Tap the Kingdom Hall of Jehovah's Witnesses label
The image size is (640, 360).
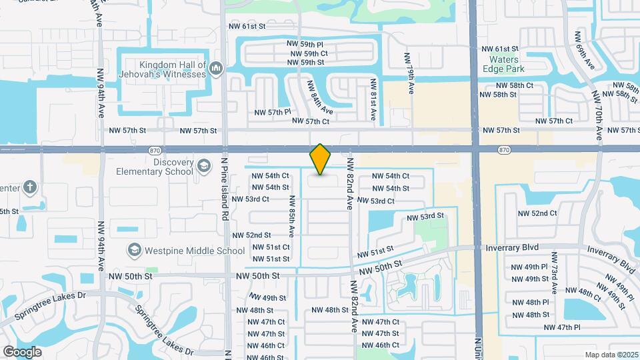click(172, 69)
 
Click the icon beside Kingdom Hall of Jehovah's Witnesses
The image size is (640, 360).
click(215, 69)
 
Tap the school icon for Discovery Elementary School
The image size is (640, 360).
click(202, 165)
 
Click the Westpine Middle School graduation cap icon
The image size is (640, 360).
click(133, 250)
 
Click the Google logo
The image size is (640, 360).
click(22, 351)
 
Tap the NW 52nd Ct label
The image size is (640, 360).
click(538, 213)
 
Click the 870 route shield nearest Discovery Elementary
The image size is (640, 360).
click(155, 151)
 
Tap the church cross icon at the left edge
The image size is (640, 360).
click(30, 187)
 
